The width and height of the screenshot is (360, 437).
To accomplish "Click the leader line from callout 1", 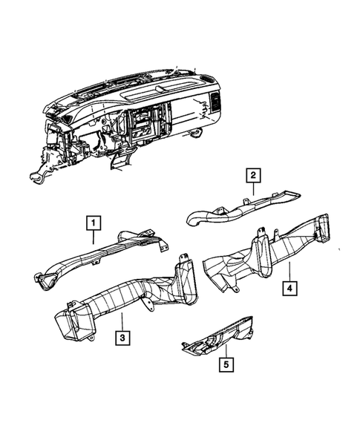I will click(93, 237).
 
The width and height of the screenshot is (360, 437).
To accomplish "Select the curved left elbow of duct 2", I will click(194, 216).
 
